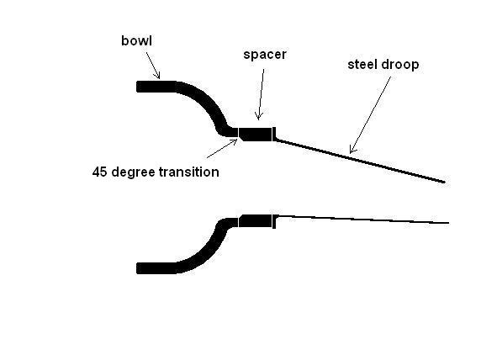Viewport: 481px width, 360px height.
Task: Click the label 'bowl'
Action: (136, 41)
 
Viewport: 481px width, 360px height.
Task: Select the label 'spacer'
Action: (265, 55)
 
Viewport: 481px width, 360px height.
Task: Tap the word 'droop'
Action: (400, 65)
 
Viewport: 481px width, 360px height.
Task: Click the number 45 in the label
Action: (100, 172)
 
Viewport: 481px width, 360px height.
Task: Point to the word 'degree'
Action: (134, 172)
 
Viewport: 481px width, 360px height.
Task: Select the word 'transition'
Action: (189, 172)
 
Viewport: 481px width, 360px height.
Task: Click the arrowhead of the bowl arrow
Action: (158, 77)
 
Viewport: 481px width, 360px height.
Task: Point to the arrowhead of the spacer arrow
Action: (259, 118)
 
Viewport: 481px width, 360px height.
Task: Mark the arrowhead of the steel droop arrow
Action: (351, 151)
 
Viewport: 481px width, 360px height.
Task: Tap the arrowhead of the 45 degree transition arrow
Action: (236, 140)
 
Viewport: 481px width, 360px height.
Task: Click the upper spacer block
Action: (256, 134)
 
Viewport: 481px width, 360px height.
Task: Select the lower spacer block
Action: (256, 221)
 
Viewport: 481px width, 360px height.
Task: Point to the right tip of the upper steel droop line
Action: (445, 183)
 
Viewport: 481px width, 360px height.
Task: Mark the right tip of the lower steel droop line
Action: (449, 223)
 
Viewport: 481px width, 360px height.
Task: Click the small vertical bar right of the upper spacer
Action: (274, 134)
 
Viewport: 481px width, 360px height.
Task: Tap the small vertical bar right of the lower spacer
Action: (274, 221)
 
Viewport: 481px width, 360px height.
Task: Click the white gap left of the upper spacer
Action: (238, 133)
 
